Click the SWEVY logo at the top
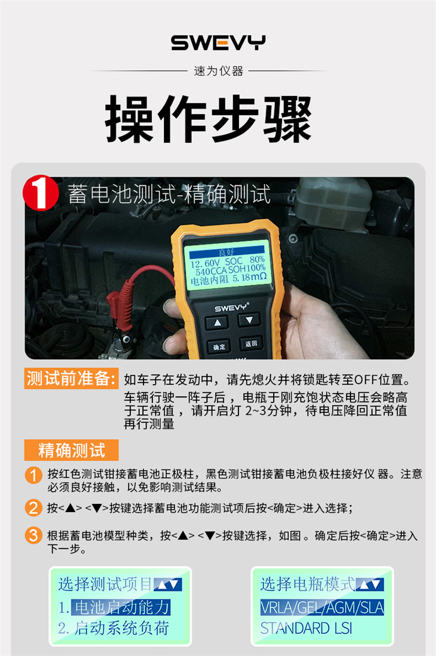click(x=218, y=42)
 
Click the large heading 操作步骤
click(x=208, y=119)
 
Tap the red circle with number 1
click(x=41, y=193)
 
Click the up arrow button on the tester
click(x=217, y=323)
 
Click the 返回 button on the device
click(x=251, y=344)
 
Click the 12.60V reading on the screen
click(x=205, y=264)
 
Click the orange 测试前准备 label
click(x=71, y=379)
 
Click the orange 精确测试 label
click(x=71, y=450)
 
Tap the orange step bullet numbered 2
click(x=34, y=508)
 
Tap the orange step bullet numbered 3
click(x=34, y=536)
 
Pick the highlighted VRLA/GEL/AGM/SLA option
click(x=322, y=607)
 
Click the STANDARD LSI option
click(x=306, y=628)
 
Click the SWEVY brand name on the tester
click(x=231, y=307)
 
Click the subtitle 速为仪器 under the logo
click(x=219, y=71)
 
